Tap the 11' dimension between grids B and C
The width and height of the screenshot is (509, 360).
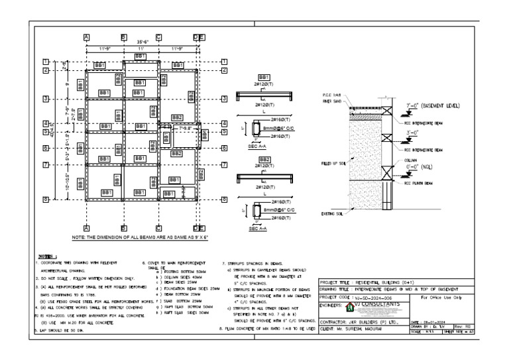point(141,48)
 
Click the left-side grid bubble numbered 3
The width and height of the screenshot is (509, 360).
point(46,99)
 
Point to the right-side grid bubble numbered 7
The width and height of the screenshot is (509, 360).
point(225,164)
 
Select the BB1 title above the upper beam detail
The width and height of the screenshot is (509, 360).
point(264,78)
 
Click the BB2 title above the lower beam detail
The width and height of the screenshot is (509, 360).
point(264,160)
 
